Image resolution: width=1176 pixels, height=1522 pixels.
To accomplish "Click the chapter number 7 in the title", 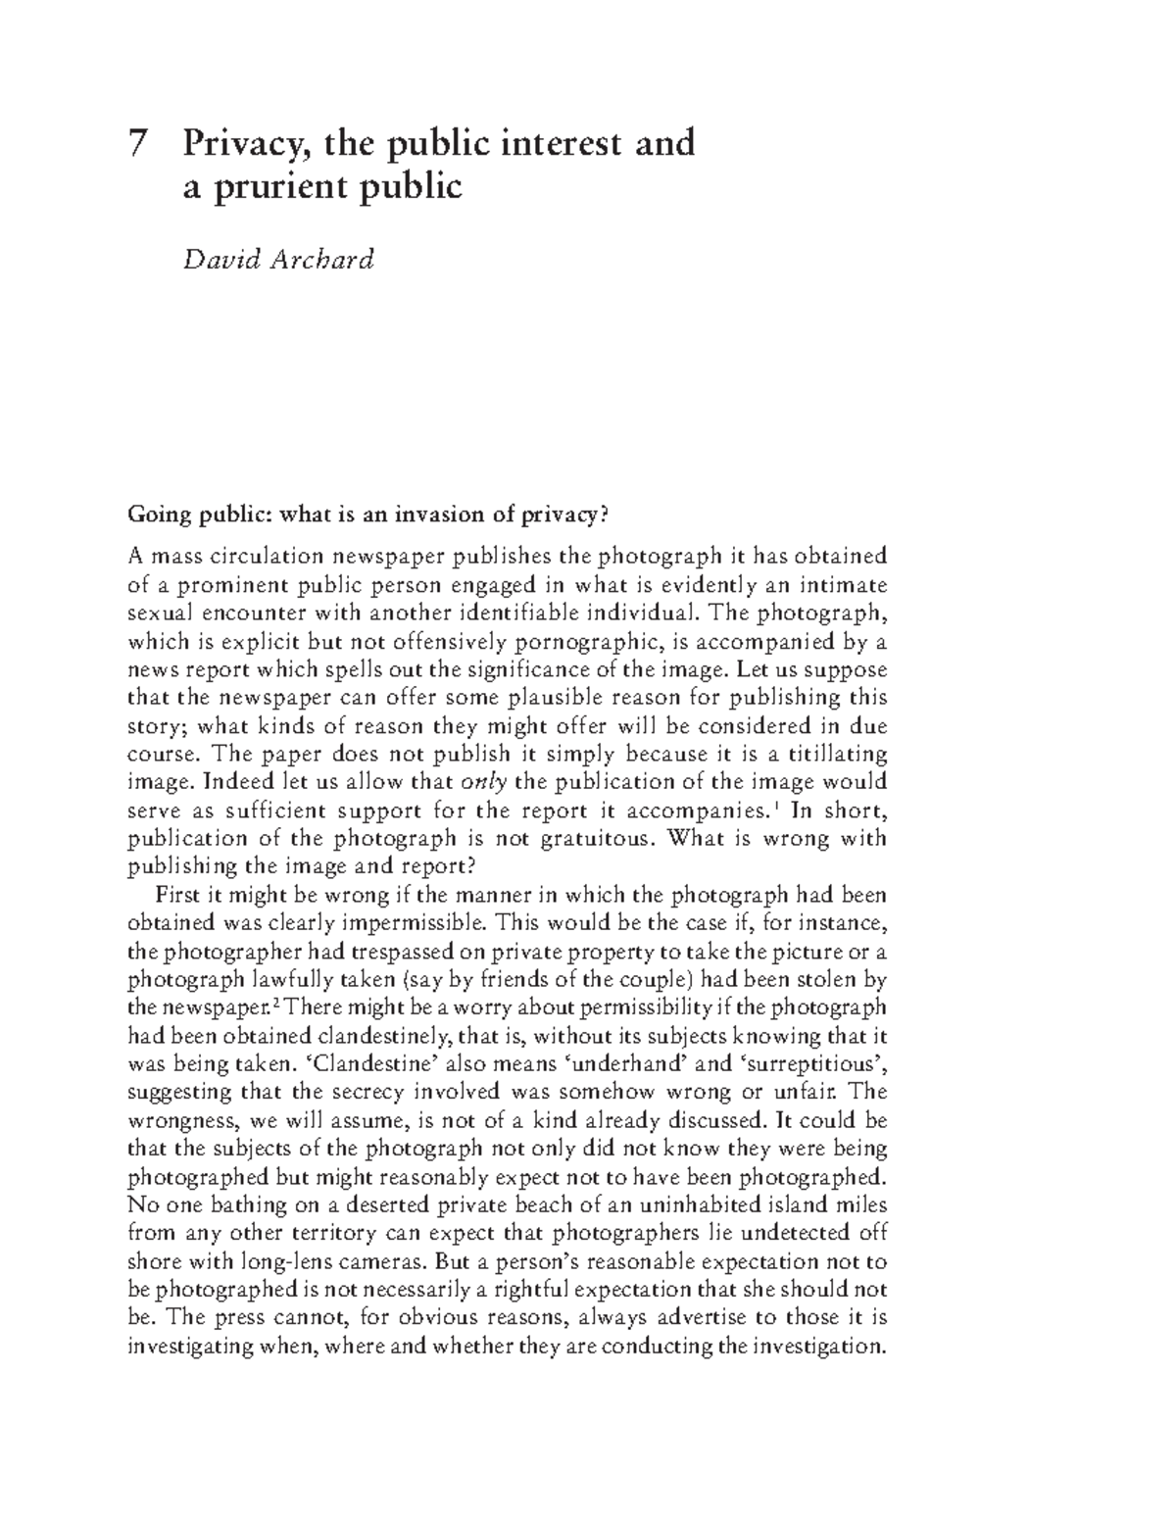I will coord(140,144).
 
